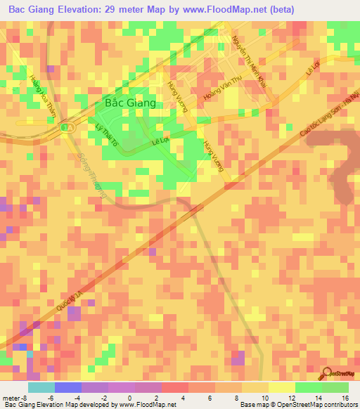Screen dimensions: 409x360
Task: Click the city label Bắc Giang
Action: click(129, 103)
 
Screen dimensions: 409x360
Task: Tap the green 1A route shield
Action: click(66, 127)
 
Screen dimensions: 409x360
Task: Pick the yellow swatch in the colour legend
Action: click(281, 387)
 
